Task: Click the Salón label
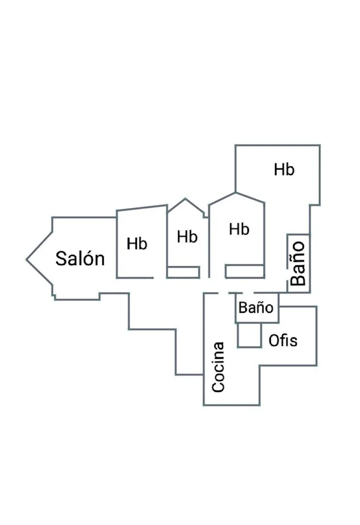(80, 259)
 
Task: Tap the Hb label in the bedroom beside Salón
(137, 244)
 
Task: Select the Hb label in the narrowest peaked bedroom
(187, 237)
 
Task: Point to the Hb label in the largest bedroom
(284, 170)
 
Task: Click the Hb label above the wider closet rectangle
(239, 229)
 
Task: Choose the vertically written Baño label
(298, 263)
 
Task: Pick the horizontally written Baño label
(256, 307)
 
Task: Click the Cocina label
(218, 367)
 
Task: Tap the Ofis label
(283, 340)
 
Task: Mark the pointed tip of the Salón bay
(26, 259)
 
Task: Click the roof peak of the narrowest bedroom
(185, 198)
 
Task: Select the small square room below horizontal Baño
(250, 335)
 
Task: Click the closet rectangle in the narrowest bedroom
(183, 272)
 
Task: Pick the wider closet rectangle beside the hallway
(245, 271)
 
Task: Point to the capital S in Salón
(61, 259)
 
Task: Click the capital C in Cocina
(218, 386)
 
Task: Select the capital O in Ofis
(274, 340)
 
